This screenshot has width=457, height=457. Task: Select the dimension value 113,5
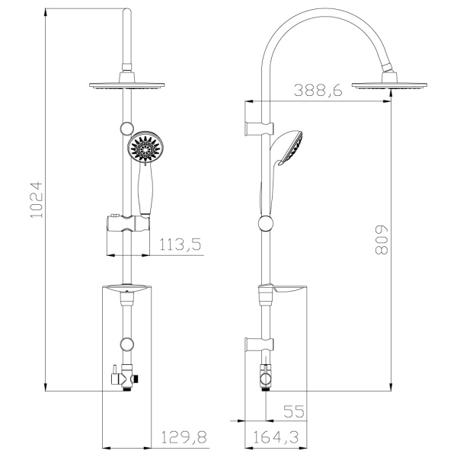coord(181,244)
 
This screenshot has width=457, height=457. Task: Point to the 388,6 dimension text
coord(318,90)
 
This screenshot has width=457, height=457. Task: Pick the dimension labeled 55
coord(293,411)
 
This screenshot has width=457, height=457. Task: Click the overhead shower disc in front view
coord(126,85)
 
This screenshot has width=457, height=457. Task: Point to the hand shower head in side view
coord(289,149)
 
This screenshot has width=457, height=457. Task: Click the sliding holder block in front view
coord(126,226)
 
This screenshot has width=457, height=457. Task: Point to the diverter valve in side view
coord(265,376)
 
